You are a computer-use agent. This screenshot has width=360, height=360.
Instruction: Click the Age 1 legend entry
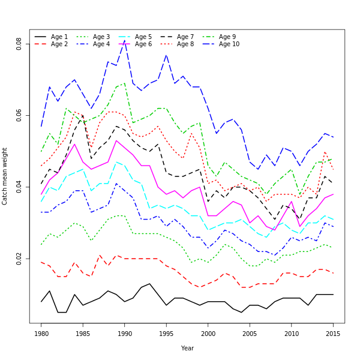point(59,37)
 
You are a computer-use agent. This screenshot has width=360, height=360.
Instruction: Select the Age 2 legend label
point(59,44)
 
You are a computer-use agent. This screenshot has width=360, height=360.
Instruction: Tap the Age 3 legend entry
point(101,37)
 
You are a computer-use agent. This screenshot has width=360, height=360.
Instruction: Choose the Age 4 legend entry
point(101,44)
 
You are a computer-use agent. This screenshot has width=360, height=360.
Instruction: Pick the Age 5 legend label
point(143,37)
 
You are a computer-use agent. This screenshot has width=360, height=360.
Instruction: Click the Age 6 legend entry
point(143,44)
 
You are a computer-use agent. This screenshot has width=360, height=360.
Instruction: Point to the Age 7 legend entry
point(185,37)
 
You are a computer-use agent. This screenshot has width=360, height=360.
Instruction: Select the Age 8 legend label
point(185,44)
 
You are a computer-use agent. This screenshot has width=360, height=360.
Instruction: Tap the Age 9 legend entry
point(227,37)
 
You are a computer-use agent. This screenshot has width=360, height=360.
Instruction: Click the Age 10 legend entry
point(229,44)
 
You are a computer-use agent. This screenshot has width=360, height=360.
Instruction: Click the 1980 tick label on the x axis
point(41,333)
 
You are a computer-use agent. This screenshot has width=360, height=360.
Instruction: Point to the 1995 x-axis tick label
point(166,333)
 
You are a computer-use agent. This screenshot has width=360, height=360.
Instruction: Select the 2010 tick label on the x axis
point(292,333)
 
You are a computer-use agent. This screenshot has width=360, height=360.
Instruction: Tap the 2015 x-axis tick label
point(333,333)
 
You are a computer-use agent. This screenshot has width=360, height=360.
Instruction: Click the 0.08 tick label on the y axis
point(19,44)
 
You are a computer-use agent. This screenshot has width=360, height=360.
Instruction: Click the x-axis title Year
point(187,348)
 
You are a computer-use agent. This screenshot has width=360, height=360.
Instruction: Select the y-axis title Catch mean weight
point(5,176)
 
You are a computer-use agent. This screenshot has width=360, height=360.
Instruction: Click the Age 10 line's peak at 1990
point(125,40)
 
